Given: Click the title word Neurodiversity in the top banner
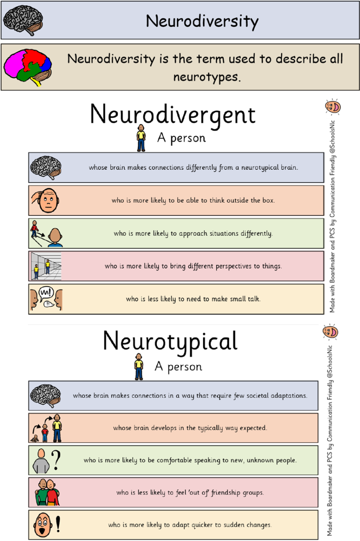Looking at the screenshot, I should click(202, 21).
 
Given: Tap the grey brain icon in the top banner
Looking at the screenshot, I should click(23, 20).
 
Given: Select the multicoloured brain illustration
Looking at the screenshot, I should click(27, 66).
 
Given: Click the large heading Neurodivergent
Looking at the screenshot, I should click(172, 115).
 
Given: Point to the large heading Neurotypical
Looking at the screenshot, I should click(170, 341).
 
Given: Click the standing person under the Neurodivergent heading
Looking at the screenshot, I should click(140, 138).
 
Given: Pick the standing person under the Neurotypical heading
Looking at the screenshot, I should click(138, 367).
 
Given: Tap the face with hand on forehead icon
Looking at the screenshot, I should click(46, 201).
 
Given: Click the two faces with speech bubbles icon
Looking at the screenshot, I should click(46, 299).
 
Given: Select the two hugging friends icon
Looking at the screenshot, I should click(47, 492).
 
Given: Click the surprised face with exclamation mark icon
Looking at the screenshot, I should click(47, 525).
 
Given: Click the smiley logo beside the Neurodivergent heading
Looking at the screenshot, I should click(333, 106).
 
